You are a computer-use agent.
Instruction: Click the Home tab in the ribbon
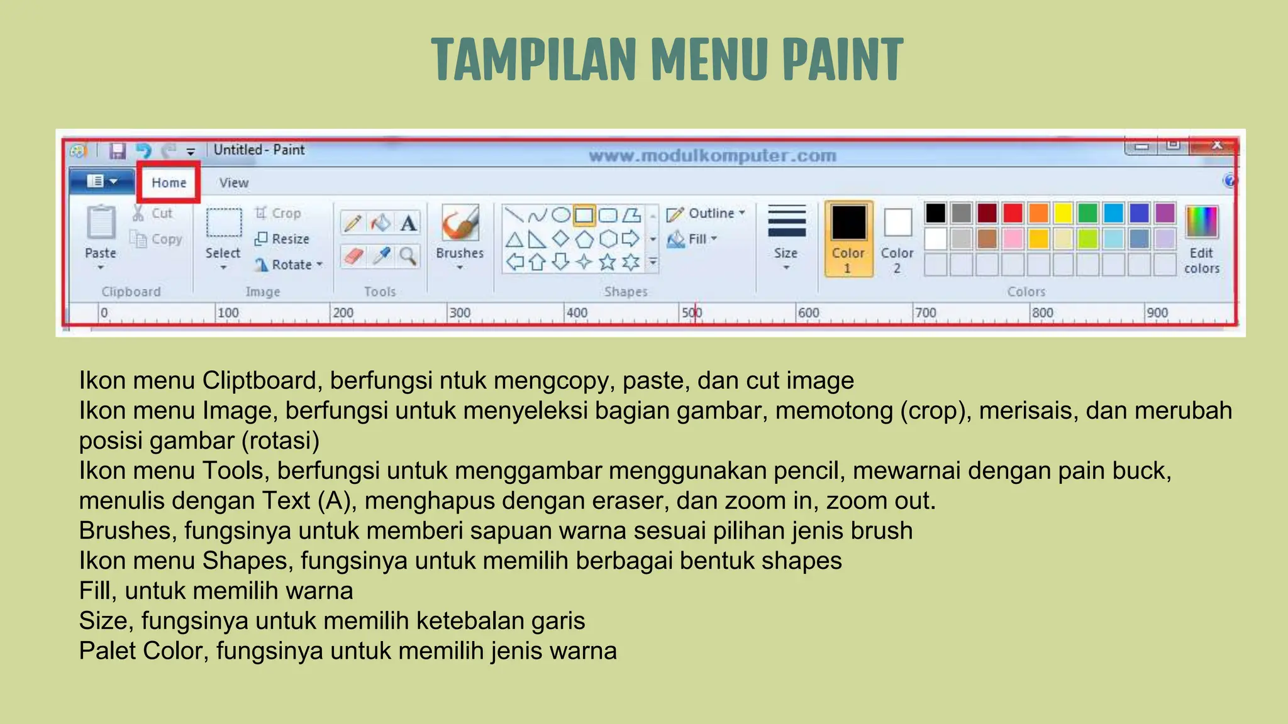(x=169, y=183)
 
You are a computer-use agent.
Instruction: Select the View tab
(x=233, y=183)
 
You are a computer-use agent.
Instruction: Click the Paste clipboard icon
(x=101, y=222)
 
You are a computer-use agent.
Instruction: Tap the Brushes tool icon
(x=460, y=223)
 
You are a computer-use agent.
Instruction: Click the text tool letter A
(x=408, y=223)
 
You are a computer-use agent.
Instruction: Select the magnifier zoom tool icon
(x=408, y=256)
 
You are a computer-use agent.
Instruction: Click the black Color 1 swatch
(x=848, y=223)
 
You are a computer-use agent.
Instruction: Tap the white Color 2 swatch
(x=897, y=222)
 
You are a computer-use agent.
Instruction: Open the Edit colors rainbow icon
(x=1201, y=222)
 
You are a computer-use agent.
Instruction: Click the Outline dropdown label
(x=711, y=213)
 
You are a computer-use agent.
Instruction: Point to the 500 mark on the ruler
(x=692, y=313)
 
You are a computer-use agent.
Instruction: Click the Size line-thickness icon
(x=786, y=221)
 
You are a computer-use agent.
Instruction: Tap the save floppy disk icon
(x=118, y=151)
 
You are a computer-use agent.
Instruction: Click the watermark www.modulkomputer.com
(x=712, y=155)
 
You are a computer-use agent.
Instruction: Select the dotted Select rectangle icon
(x=223, y=222)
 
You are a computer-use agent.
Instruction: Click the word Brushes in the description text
(x=125, y=531)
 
